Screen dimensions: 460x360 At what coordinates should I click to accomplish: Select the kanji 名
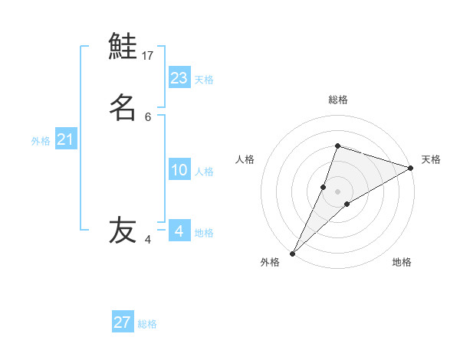click(123, 107)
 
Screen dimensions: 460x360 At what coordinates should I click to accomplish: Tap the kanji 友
click(123, 231)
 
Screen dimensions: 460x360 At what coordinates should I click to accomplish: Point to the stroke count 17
click(148, 56)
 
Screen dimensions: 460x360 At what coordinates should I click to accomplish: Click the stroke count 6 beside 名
click(148, 117)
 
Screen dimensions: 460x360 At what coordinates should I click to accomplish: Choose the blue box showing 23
click(179, 77)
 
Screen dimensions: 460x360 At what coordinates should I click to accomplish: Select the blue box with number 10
click(179, 170)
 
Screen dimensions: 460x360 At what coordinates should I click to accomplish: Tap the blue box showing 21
click(66, 139)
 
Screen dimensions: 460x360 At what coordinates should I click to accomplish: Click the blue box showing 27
click(123, 322)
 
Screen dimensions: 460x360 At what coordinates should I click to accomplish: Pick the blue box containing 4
click(179, 231)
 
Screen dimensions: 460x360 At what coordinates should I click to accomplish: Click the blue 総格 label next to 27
click(147, 325)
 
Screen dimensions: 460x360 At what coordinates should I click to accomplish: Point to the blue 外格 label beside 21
click(41, 141)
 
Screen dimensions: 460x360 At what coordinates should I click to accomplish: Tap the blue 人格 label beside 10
click(205, 172)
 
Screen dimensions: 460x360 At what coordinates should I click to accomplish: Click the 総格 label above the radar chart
click(337, 100)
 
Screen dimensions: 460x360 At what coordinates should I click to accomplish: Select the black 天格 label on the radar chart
click(431, 159)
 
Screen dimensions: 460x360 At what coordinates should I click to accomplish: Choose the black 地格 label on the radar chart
click(402, 263)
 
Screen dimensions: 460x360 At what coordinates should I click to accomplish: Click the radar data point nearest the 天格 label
click(410, 168)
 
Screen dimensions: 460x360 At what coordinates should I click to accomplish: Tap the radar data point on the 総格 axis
click(337, 146)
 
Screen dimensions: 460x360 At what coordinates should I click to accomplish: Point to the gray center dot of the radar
click(337, 191)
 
